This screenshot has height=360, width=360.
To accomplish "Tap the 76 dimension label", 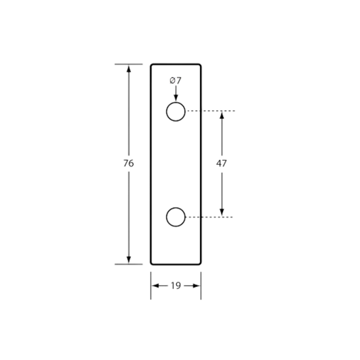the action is point(128,163).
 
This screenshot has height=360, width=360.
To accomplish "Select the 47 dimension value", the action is point(222,163).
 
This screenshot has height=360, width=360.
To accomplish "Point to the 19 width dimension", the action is point(176,286).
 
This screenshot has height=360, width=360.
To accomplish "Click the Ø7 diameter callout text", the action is point(176,80).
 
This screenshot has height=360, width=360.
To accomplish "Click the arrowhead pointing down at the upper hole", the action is point(176,98).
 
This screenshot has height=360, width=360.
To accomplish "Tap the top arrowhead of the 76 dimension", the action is point(129,69).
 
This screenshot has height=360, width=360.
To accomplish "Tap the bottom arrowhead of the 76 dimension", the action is point(129,259).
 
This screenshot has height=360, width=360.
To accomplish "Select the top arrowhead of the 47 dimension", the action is point(222,115).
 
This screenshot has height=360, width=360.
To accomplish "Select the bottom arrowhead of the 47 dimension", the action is point(222,213).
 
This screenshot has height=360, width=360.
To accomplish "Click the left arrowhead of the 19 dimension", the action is point(155,286).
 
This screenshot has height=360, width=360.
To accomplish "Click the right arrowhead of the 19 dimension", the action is point(197,286).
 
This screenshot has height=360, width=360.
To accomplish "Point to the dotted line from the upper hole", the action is point(211,111).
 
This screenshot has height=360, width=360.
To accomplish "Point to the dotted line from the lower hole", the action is point(209,217).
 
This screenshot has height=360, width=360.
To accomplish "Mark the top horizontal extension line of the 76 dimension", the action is point(128,64).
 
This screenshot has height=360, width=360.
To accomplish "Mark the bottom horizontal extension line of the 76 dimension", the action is point(128,264).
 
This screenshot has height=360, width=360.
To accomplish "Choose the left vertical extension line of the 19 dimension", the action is point(151,286).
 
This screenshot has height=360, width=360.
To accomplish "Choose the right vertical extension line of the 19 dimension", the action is point(201,286).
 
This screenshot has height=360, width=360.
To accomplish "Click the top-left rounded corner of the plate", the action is point(151,65).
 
